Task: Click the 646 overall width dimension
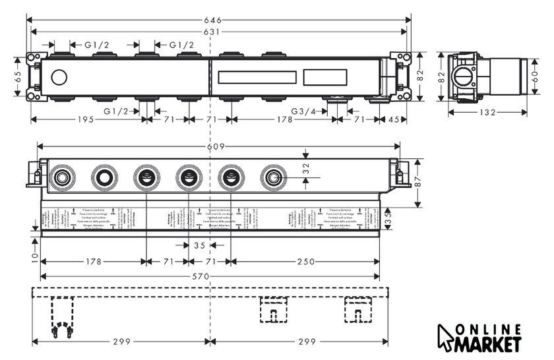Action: pos(212,20)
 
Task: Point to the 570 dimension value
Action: pos(210,276)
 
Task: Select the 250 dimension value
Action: pos(305,262)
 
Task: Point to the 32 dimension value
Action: pos(305,168)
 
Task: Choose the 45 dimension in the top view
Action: pos(394,119)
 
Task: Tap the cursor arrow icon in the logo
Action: pos(448,338)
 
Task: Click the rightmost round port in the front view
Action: pos(272,177)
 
